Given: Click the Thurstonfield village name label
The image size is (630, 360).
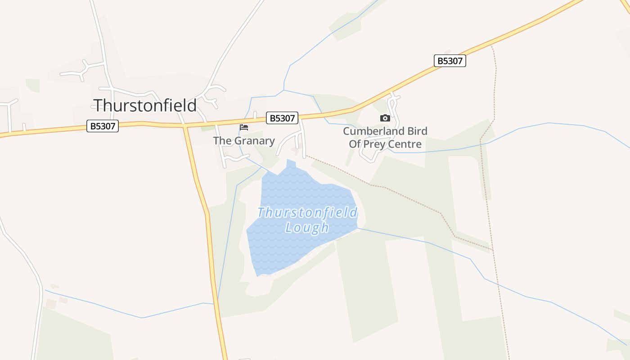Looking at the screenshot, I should (x=145, y=105).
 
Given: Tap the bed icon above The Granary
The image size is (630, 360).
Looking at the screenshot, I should (x=244, y=127).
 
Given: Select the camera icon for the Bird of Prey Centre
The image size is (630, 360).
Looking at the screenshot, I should (x=385, y=118).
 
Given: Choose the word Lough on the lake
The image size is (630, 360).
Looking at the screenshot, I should (x=307, y=227).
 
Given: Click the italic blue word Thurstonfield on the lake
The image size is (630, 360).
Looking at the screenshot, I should (x=307, y=212).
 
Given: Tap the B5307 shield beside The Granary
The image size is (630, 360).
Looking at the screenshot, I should (x=282, y=118).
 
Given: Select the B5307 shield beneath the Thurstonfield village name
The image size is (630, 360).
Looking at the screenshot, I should (x=103, y=126).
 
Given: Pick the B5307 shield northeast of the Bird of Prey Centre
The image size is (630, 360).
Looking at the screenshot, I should (x=450, y=61).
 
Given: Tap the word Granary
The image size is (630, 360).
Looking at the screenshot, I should (x=254, y=141).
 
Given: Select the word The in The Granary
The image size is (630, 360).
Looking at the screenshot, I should (x=222, y=141).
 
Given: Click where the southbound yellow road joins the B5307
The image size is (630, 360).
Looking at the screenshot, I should (x=184, y=126).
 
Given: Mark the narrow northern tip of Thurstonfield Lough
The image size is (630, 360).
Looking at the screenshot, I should (x=291, y=162).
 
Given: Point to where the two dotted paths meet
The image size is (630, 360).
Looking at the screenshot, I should (x=493, y=249).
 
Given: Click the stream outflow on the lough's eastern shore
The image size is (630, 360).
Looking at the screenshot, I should (x=358, y=229).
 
